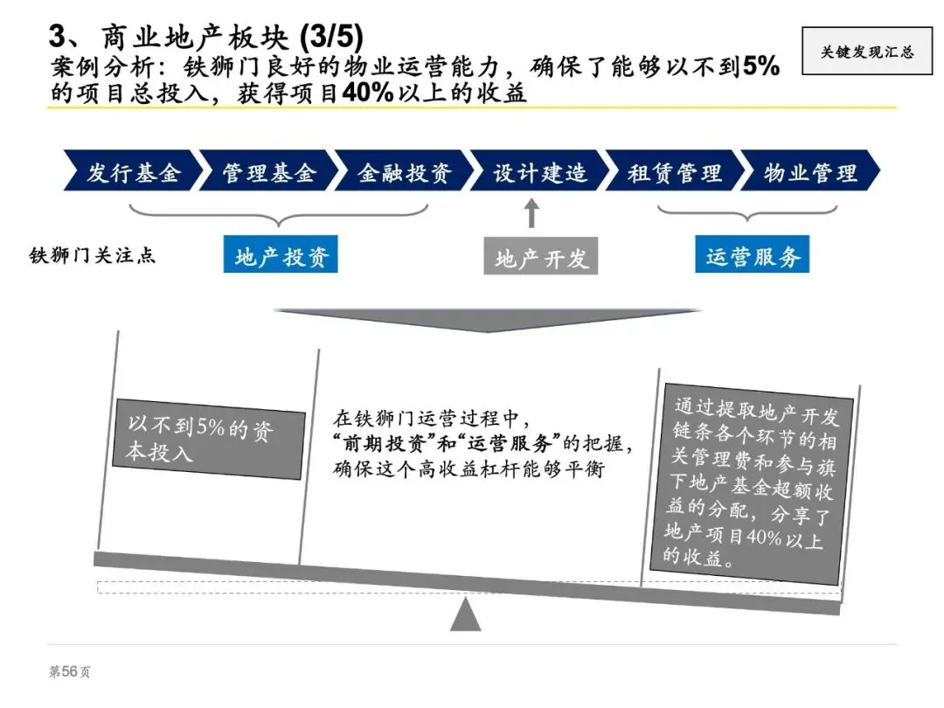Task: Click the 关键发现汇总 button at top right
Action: [x=866, y=51]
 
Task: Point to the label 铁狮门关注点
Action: [x=92, y=257]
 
